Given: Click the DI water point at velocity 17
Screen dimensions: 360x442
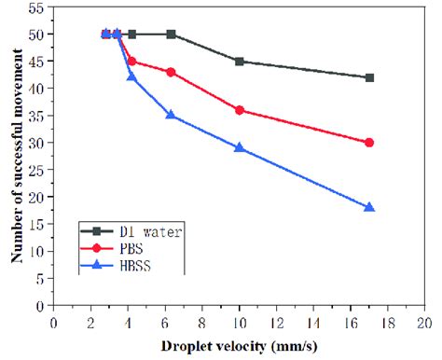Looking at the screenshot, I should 369,77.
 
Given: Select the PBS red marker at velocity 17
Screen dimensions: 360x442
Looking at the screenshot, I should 369,143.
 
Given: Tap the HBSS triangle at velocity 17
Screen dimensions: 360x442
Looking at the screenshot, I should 369,207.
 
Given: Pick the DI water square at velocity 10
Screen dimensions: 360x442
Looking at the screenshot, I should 240,62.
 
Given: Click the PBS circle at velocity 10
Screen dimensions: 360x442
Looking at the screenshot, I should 240,110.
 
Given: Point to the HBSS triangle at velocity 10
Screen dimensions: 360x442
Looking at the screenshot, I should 240,147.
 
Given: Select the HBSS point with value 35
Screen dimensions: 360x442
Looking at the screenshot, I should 171,115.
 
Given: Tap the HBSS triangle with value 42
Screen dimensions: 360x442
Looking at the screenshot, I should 131,76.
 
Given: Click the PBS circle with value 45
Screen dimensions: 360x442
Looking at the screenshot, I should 131,61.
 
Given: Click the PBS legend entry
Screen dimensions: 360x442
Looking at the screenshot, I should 121,249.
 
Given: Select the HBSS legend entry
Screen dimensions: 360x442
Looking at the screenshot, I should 124,268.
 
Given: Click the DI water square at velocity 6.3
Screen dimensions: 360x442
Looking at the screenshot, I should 171,34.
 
